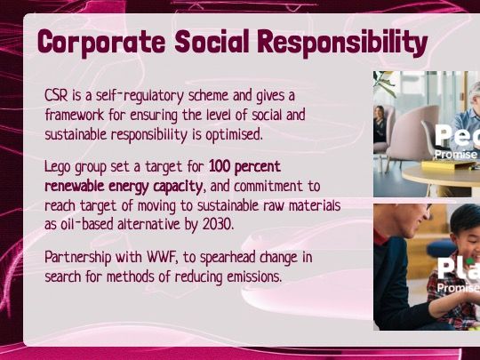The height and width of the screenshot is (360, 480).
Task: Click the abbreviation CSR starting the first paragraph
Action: click(x=56, y=95)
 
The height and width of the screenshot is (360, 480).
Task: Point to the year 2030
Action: click(x=213, y=225)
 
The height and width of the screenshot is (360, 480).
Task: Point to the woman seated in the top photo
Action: click(x=380, y=124)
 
